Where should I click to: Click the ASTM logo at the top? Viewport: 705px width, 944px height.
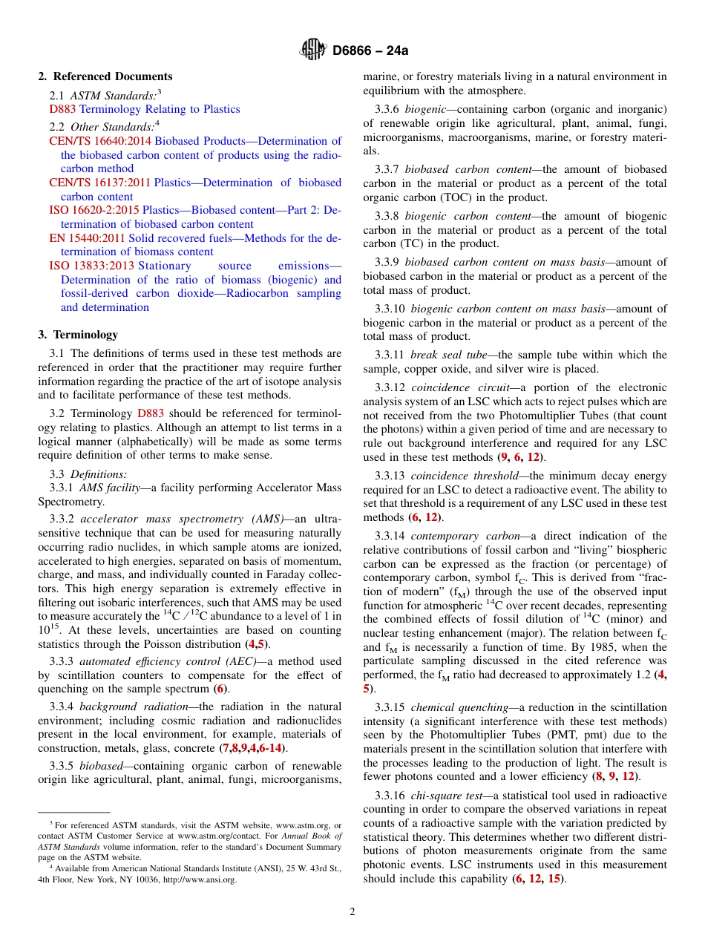click(x=312, y=50)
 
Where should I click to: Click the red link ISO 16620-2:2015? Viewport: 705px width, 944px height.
click(x=94, y=210)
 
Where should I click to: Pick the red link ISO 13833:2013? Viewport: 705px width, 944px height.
click(x=92, y=266)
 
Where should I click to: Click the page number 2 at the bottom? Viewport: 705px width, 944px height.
click(x=352, y=911)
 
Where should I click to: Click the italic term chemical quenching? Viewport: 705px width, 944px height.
click(x=453, y=707)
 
